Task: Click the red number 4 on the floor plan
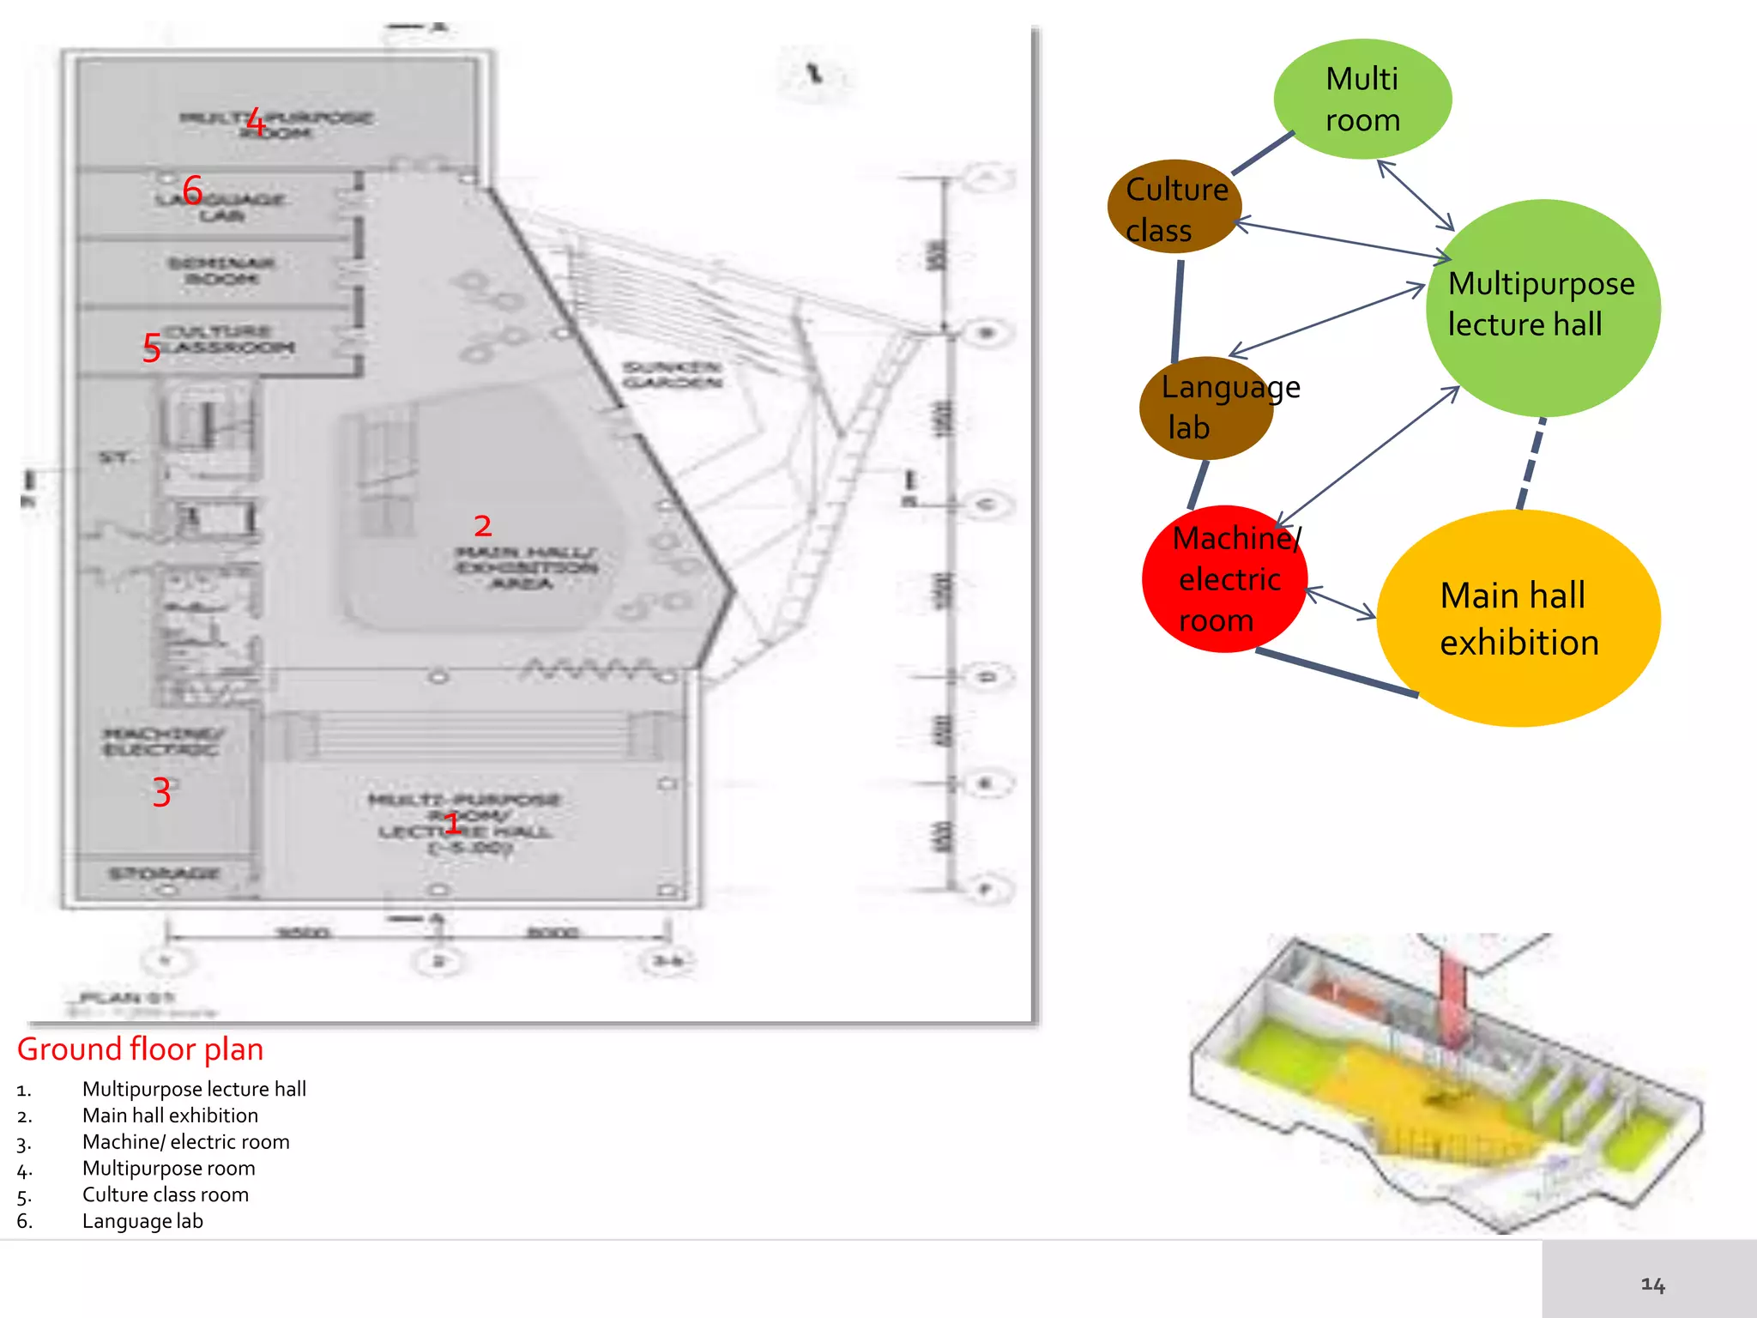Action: (x=255, y=123)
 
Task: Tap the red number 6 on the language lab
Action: (x=193, y=190)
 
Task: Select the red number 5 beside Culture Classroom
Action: (x=152, y=348)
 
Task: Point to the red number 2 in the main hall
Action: (x=483, y=525)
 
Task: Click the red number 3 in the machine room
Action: (x=161, y=792)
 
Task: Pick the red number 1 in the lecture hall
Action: (x=452, y=824)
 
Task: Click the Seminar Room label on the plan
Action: (x=221, y=271)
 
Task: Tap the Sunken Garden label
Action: (x=673, y=375)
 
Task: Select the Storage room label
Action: (x=164, y=874)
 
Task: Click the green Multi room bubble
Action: (x=1362, y=100)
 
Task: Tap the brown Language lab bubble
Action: (x=1205, y=408)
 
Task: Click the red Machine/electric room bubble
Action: (x=1224, y=579)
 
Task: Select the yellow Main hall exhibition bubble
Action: (x=1519, y=619)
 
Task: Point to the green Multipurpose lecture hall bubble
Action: (x=1543, y=307)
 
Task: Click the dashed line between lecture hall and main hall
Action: (x=1532, y=463)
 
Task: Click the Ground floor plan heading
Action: (x=141, y=1049)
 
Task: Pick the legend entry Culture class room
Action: (x=166, y=1194)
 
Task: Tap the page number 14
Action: (x=1652, y=1285)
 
